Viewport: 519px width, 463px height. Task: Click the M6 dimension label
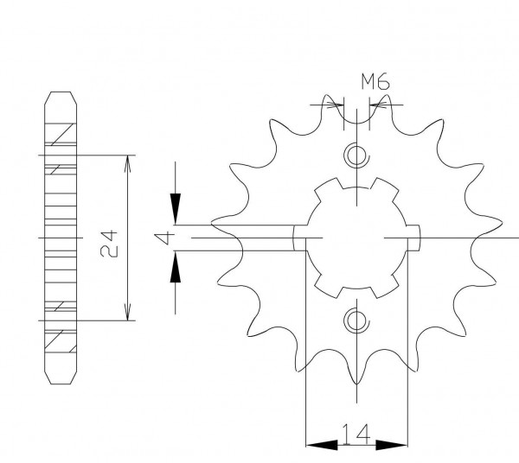click(x=375, y=82)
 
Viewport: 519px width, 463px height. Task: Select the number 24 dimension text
click(x=109, y=244)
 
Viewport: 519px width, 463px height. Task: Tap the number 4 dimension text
click(x=164, y=238)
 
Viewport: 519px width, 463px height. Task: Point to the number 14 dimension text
click(x=356, y=434)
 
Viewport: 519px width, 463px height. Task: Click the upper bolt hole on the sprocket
click(x=356, y=155)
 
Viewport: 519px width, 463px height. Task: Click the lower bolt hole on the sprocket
click(x=356, y=320)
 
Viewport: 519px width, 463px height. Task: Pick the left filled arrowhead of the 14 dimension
click(x=322, y=445)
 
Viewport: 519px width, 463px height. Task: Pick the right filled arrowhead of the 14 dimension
click(x=392, y=445)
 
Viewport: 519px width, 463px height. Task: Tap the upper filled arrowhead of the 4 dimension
click(x=176, y=209)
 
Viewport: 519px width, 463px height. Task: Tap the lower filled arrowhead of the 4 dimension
click(x=176, y=267)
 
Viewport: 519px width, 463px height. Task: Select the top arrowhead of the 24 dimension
click(x=128, y=163)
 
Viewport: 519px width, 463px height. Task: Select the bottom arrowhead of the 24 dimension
click(x=128, y=312)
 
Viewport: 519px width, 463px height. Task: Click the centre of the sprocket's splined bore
click(x=356, y=238)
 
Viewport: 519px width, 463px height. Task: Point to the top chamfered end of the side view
click(x=61, y=98)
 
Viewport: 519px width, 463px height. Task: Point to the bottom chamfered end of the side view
click(x=61, y=377)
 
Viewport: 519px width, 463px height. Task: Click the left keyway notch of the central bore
click(x=300, y=238)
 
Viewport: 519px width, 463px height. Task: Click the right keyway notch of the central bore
click(x=413, y=238)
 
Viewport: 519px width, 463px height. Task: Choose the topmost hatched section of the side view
click(x=61, y=133)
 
